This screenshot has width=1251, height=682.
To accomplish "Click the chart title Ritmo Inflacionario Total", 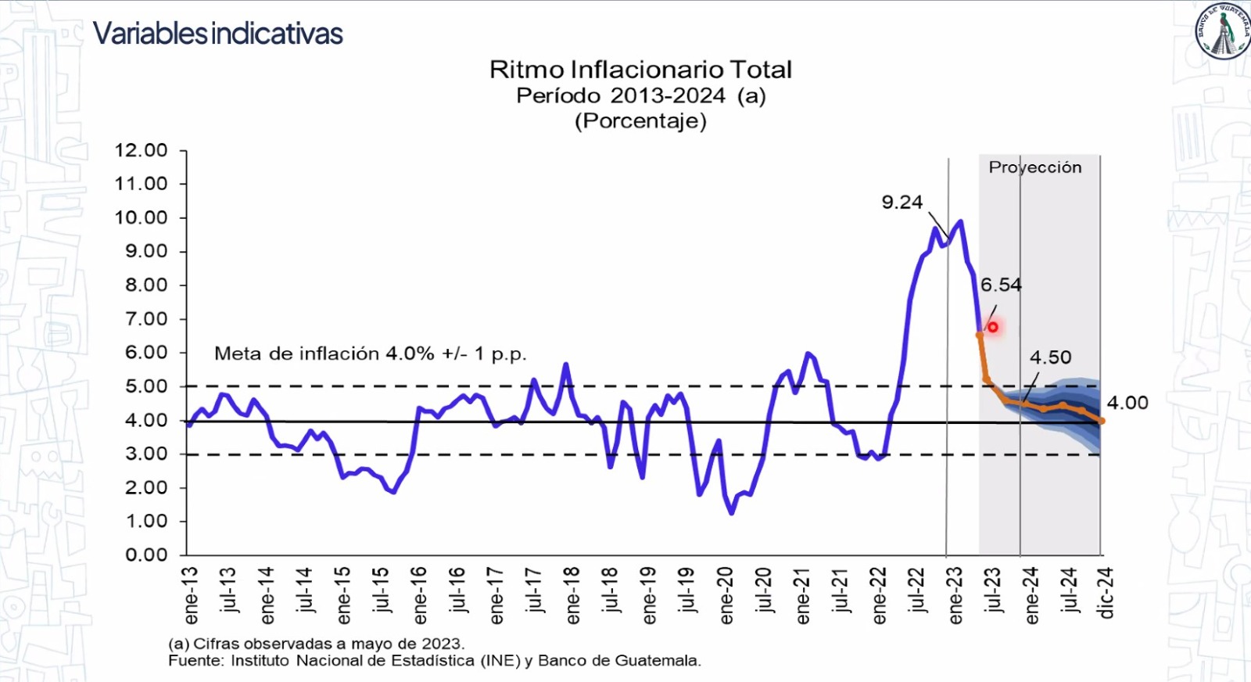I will (640, 70).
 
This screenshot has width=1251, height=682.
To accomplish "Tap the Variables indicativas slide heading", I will (217, 34).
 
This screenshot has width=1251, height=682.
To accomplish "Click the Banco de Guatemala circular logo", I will (1223, 31).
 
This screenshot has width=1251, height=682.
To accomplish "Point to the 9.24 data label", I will (902, 203).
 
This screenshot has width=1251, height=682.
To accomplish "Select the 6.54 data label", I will (1001, 285).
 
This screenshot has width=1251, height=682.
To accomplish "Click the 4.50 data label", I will (1050, 357).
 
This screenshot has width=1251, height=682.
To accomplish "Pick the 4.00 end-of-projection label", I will (1127, 403).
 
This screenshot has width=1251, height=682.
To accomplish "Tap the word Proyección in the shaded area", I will (1035, 167).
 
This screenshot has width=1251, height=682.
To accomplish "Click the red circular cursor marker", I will (993, 327).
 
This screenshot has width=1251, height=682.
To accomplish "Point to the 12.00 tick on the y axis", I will (142, 150).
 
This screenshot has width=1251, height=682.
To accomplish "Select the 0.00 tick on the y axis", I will (146, 555).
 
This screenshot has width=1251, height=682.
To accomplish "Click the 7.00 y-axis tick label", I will (146, 319).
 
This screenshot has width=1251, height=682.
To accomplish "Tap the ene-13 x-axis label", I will (191, 596).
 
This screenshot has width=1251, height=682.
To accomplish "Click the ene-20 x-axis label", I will (726, 596).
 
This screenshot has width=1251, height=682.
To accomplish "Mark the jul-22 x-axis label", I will (917, 593).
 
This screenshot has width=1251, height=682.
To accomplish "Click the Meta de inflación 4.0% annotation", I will (370, 354).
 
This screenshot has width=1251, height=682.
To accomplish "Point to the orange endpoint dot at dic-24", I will (1102, 421).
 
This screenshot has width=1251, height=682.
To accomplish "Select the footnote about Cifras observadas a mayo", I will (316, 644).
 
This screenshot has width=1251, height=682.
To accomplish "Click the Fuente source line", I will (434, 661).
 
